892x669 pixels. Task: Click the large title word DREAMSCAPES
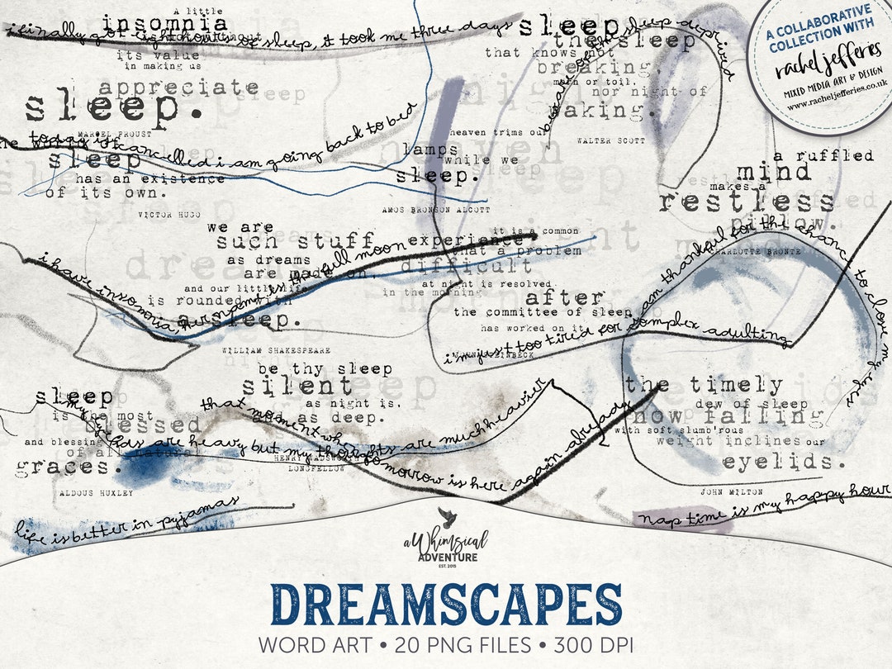[x=446, y=605]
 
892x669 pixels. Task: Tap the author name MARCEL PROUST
[x=114, y=133]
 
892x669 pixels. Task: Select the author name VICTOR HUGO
[x=169, y=215]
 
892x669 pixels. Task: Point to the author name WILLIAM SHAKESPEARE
[x=276, y=350]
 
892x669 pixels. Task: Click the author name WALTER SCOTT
[x=611, y=141]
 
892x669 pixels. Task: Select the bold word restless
[x=747, y=202]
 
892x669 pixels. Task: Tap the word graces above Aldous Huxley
[x=64, y=467]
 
